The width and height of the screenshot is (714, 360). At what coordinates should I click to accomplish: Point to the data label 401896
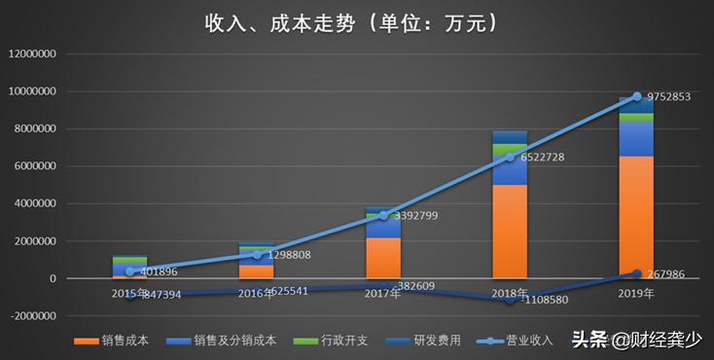tap(158, 272)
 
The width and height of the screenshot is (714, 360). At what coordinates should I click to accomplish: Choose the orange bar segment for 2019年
tap(636, 217)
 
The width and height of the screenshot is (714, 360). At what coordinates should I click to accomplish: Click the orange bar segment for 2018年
tap(510, 232)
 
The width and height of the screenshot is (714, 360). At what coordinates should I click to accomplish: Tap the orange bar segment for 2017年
tap(383, 258)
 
